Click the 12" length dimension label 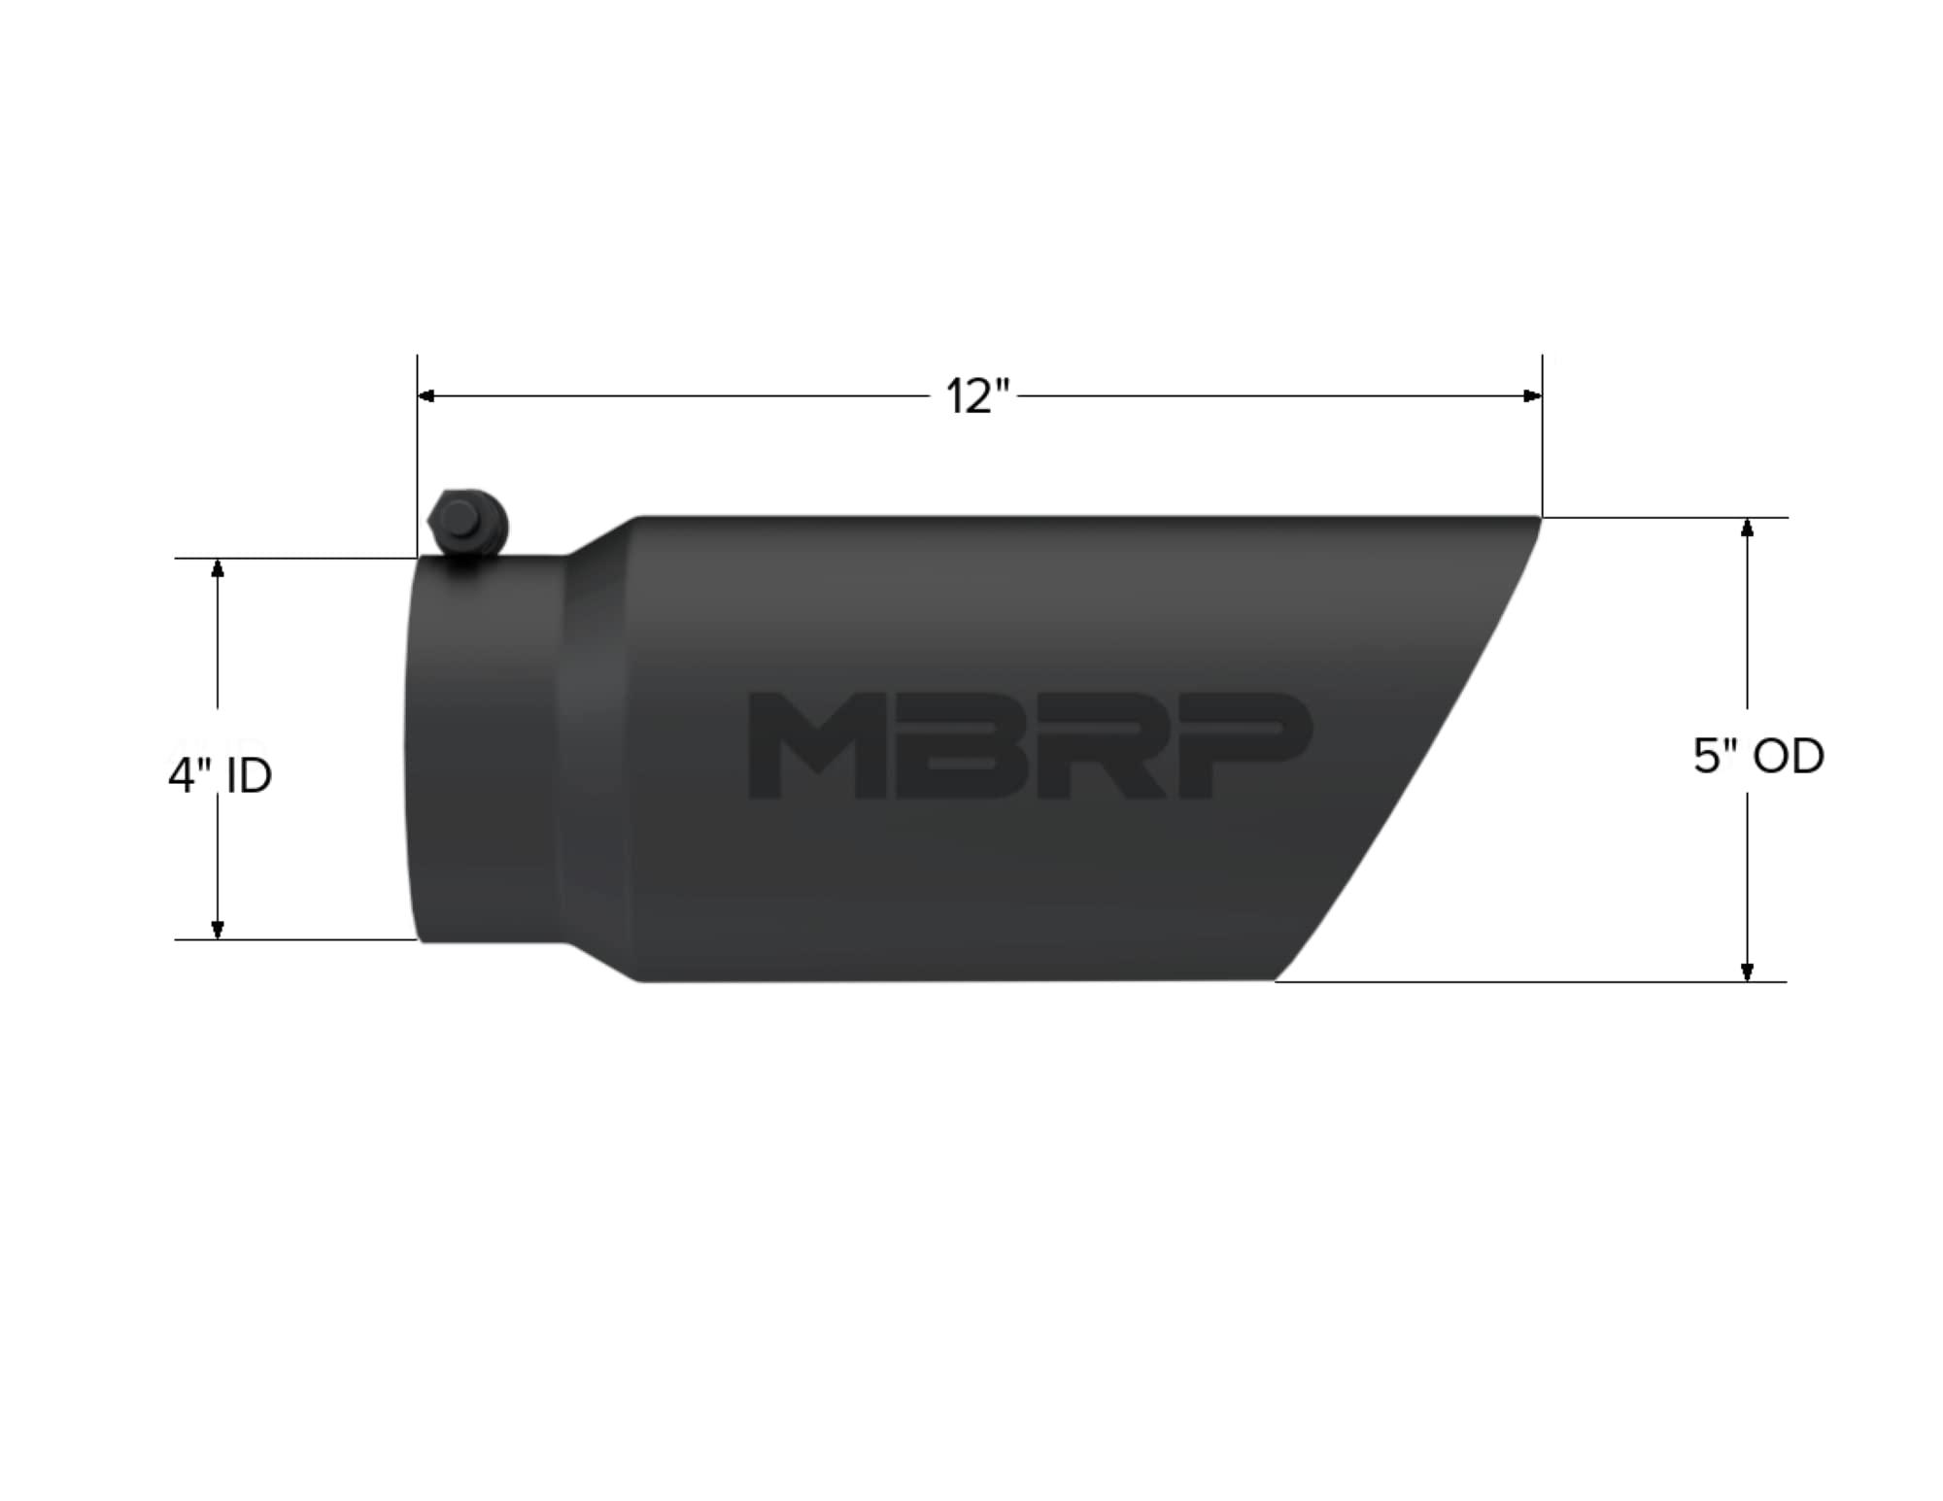pos(977,396)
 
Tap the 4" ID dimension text pos(221,776)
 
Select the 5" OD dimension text pos(1757,756)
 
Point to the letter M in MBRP pos(816,746)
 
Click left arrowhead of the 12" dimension pos(426,396)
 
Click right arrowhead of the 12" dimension pos(1533,396)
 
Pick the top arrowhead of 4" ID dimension pos(218,567)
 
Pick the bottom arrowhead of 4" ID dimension pos(218,930)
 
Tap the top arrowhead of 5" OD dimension pos(1747,528)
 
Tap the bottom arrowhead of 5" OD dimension pos(1747,972)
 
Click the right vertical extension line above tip pos(1542,437)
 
